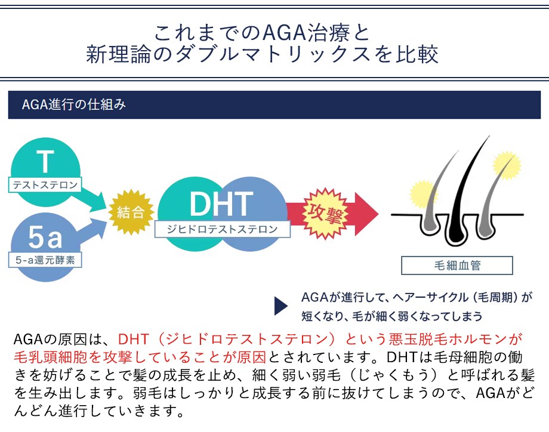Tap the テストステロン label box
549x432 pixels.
click(x=45, y=185)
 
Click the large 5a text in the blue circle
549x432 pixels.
click(x=45, y=237)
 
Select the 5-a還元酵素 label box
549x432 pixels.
click(x=45, y=260)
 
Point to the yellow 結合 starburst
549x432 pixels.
click(x=131, y=212)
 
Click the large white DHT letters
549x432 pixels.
click(x=221, y=203)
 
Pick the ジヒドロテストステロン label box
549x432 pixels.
click(x=223, y=229)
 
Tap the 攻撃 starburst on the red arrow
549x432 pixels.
click(x=325, y=213)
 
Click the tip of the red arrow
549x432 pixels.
click(x=378, y=214)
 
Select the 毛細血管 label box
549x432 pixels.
click(x=457, y=266)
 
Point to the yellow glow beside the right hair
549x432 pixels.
click(x=507, y=166)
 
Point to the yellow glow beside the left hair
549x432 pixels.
click(x=423, y=195)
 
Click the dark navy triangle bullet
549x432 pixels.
click(x=281, y=306)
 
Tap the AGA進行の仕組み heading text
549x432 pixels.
click(x=74, y=104)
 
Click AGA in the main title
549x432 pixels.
click(x=284, y=33)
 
